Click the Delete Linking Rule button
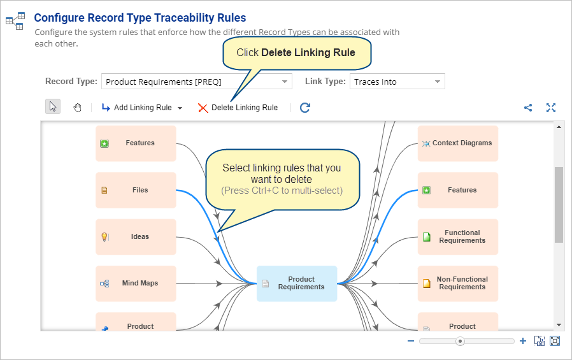click(x=238, y=108)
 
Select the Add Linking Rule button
click(x=142, y=108)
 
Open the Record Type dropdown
click(x=197, y=82)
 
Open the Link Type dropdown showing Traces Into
click(x=397, y=82)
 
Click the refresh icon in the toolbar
click(x=305, y=108)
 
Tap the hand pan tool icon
click(x=77, y=108)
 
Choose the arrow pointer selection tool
click(x=53, y=106)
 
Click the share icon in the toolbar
click(x=528, y=108)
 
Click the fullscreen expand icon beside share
click(x=551, y=108)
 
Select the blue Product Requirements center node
click(x=297, y=284)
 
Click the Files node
click(x=136, y=190)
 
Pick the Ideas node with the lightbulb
click(x=136, y=237)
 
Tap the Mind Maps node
click(x=136, y=284)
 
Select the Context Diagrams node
click(x=458, y=143)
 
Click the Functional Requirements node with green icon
click(x=458, y=237)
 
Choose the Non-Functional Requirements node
click(x=458, y=284)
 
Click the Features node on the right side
click(x=458, y=190)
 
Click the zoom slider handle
click(x=460, y=342)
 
